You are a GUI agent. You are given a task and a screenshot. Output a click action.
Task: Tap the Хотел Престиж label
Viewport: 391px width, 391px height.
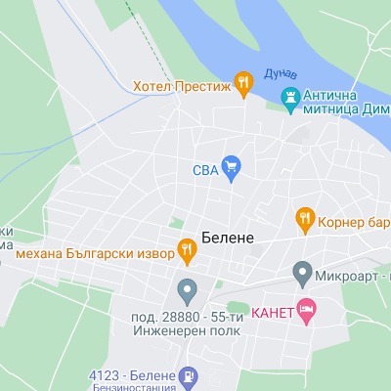181,85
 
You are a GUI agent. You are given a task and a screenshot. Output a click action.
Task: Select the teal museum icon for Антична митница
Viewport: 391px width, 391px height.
289,97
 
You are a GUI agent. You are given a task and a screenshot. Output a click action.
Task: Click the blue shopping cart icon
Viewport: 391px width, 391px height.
231,167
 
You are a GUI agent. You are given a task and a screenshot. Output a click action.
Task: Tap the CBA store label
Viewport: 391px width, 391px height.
203,168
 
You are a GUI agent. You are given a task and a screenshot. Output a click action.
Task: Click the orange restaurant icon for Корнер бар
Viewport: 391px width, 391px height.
305,217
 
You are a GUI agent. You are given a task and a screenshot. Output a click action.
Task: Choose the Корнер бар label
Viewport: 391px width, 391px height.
355,217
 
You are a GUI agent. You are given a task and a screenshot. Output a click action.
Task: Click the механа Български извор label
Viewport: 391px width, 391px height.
95,253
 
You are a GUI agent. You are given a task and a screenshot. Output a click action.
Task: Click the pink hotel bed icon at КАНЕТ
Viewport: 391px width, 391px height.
306,311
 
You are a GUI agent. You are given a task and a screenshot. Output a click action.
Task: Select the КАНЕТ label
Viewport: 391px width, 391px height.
272,313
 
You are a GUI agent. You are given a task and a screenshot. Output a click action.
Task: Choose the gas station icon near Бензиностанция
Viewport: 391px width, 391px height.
189,375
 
